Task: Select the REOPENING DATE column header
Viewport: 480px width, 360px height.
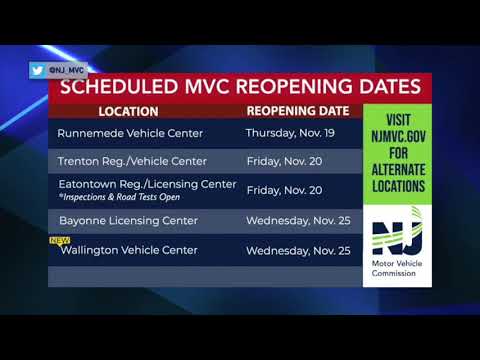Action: click(x=297, y=110)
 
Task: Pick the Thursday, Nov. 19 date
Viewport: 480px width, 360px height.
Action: click(x=296, y=131)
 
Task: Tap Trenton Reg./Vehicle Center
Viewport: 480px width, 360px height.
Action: click(x=130, y=159)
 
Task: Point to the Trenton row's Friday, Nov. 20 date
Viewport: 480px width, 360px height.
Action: click(x=283, y=159)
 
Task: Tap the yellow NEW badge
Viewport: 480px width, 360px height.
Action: click(x=58, y=240)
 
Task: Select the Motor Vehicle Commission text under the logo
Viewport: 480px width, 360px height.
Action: click(x=396, y=271)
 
